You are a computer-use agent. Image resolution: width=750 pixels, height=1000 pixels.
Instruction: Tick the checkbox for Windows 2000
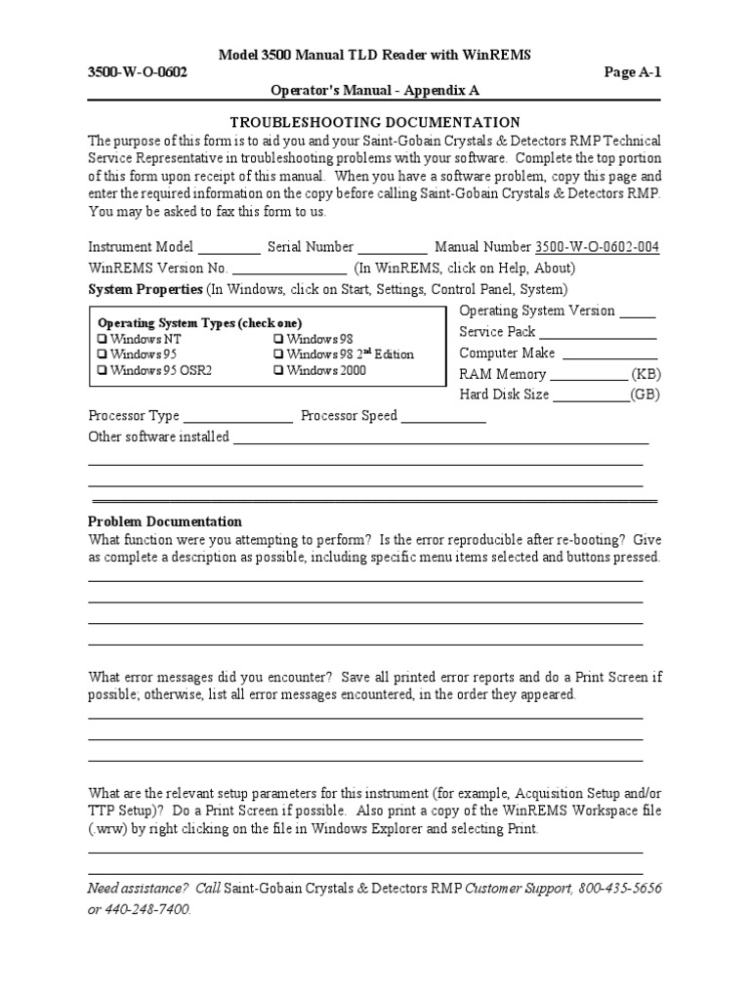click(x=279, y=370)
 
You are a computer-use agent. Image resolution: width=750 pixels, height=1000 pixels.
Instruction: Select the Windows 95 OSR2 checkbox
click(x=103, y=370)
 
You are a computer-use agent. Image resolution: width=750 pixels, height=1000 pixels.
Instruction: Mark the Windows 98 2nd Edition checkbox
click(x=279, y=354)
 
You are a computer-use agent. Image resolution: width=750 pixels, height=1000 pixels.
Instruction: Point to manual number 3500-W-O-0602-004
click(x=597, y=248)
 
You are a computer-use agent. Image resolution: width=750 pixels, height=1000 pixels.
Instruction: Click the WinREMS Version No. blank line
click(x=289, y=270)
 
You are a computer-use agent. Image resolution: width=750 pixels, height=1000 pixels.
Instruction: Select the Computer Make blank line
click(x=609, y=354)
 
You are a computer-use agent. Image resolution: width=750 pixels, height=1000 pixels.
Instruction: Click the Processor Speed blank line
click(x=443, y=417)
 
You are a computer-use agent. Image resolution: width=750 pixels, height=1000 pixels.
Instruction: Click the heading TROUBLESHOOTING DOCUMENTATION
click(x=374, y=122)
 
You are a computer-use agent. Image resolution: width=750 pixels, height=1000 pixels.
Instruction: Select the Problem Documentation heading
click(x=165, y=521)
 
